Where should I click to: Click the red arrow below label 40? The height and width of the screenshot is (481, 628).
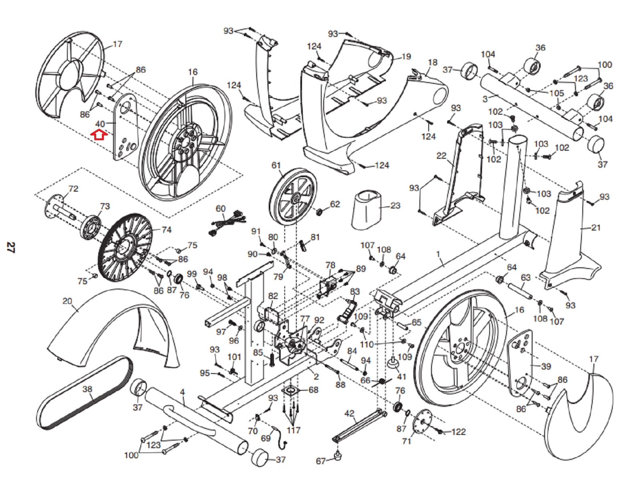(x=99, y=135)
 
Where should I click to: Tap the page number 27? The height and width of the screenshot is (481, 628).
(x=10, y=247)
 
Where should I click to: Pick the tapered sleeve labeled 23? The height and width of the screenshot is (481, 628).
(x=367, y=209)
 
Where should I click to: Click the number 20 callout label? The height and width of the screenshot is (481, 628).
(x=67, y=301)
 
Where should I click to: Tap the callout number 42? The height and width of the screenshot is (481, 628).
(x=349, y=413)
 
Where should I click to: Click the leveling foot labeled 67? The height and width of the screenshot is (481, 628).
(x=338, y=456)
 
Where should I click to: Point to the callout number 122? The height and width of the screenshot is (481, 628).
(x=458, y=432)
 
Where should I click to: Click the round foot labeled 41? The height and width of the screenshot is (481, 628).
(x=393, y=364)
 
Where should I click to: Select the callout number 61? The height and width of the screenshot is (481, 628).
(x=276, y=165)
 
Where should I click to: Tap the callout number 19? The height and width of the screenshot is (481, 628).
(x=406, y=57)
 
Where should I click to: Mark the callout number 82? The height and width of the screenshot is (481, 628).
(x=273, y=296)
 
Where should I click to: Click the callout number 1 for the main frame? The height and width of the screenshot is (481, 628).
(x=438, y=254)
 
